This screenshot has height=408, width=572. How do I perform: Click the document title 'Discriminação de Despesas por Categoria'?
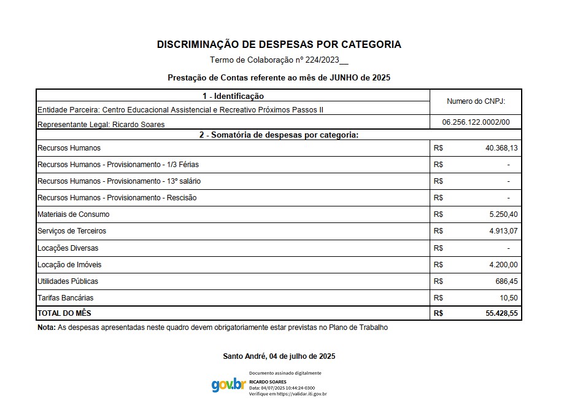[279, 44]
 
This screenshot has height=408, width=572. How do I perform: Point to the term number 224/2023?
[322, 60]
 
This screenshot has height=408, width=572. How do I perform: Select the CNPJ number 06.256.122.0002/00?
[476, 122]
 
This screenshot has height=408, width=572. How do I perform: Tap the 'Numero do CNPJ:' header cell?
[476, 101]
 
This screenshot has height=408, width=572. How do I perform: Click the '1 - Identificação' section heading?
[233, 96]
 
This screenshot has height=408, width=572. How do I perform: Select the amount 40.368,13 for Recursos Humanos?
[501, 148]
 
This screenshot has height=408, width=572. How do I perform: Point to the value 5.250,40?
[503, 214]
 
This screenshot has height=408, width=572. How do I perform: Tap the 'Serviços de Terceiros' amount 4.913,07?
[503, 231]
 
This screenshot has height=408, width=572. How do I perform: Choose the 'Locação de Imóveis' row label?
[69, 265]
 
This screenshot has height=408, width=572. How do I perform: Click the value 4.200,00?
[503, 265]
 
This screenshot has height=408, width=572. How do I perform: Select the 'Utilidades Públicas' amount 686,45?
[506, 281]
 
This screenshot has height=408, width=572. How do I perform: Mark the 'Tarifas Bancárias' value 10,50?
[509, 298]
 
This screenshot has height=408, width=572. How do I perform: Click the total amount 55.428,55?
[501, 313]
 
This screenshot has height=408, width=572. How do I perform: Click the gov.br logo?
[228, 385]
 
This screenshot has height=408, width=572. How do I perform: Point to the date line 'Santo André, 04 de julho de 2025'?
[279, 356]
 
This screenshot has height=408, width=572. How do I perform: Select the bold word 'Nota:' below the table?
[47, 328]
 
